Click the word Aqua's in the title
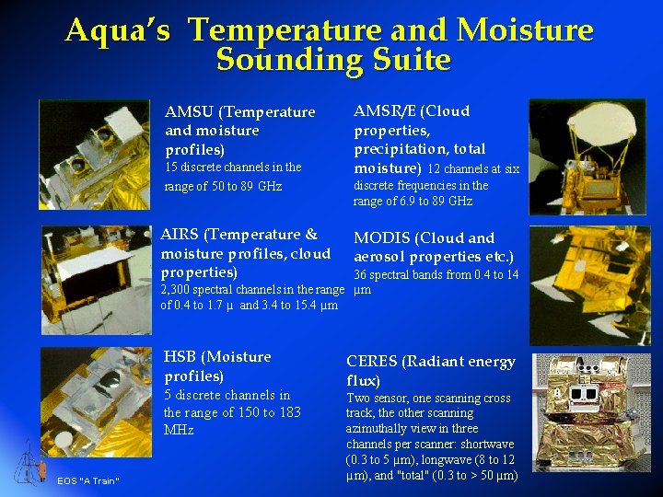118,30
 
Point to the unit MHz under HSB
179,430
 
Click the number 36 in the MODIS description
362,275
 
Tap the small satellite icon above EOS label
32,461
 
